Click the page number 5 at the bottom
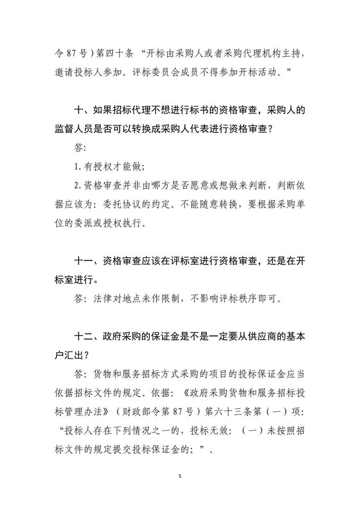(180, 476)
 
